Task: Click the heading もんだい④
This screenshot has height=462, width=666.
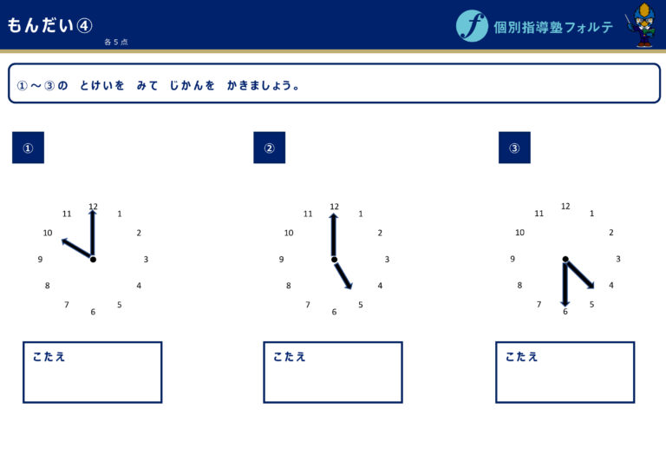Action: click(x=49, y=25)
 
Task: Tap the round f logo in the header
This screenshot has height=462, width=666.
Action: click(x=472, y=25)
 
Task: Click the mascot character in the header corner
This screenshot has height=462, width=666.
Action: click(x=643, y=24)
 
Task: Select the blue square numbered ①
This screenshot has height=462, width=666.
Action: click(x=28, y=148)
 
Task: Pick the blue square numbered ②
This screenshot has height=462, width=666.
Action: click(x=270, y=148)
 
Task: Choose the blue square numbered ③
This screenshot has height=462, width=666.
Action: click(x=514, y=148)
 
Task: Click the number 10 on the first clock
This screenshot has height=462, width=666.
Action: click(x=48, y=233)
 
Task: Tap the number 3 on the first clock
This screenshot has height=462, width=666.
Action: click(x=146, y=259)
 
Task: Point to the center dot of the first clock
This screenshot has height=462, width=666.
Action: click(x=93, y=259)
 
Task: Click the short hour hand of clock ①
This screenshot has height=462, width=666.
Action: click(x=77, y=249)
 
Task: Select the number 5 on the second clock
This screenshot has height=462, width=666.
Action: click(x=361, y=305)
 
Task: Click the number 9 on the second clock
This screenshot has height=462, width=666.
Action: click(x=281, y=259)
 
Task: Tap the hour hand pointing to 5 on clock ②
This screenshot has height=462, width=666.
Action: click(x=343, y=275)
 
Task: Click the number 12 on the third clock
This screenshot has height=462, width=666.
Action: click(x=565, y=207)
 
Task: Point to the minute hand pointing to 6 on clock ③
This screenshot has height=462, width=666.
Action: click(x=565, y=284)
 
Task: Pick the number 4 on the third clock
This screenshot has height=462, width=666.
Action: click(x=611, y=285)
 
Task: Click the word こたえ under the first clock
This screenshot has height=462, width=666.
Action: click(x=49, y=357)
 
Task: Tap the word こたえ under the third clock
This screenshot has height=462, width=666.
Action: click(x=521, y=357)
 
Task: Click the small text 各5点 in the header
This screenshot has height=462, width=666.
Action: click(x=116, y=42)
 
